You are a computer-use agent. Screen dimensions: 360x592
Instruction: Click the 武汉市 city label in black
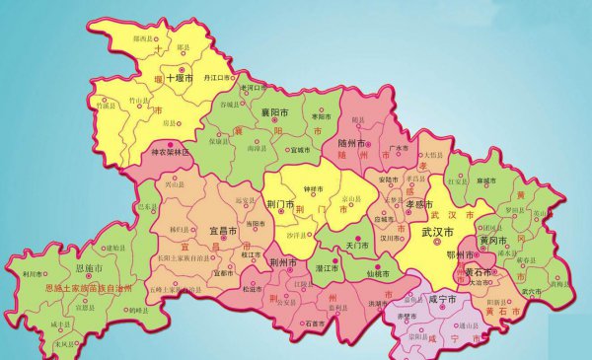[x=437, y=233]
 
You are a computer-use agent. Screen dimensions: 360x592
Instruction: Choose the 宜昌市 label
[x=225, y=231]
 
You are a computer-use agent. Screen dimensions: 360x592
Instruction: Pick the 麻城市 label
[x=513, y=181]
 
